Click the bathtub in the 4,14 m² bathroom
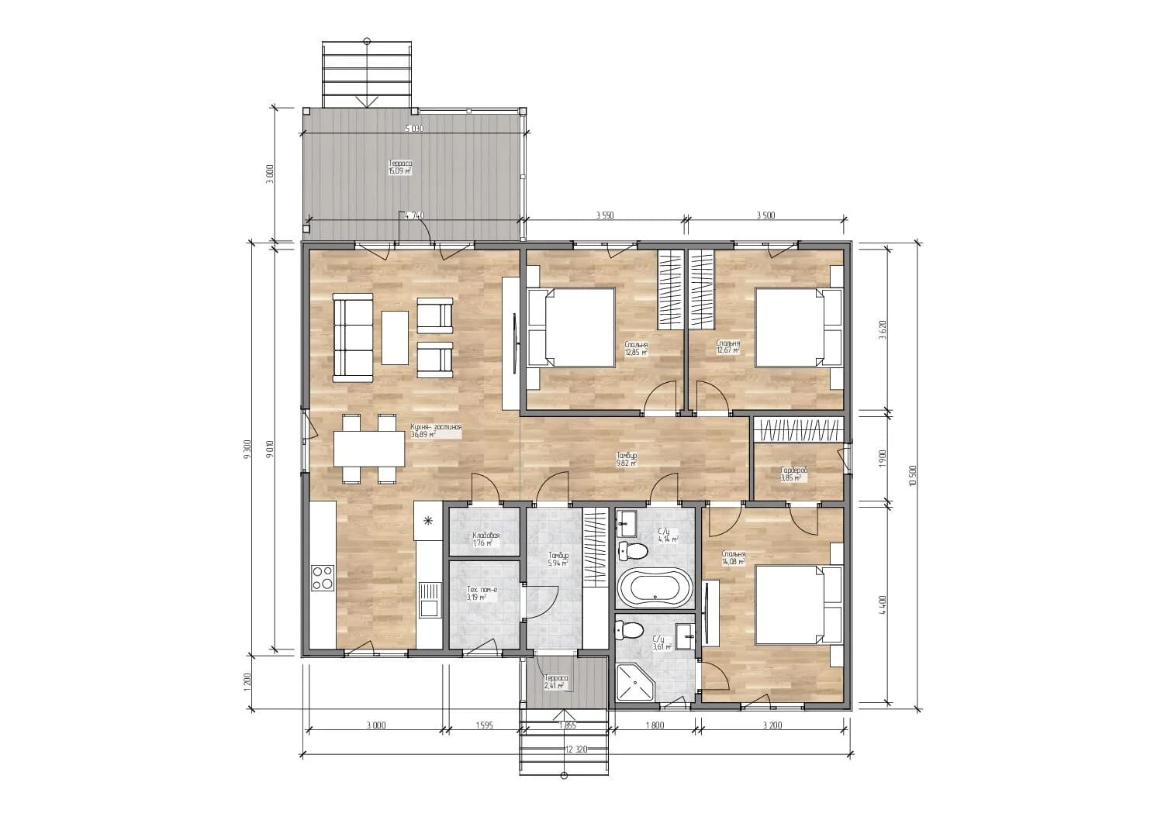[654, 588]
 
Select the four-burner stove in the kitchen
[323, 578]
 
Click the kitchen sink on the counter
[427, 599]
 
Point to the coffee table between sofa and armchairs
[395, 337]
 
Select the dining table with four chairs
[369, 449]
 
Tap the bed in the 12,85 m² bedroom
[572, 328]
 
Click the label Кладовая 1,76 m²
[485, 539]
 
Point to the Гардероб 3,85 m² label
[793, 474]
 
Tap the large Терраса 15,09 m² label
[400, 167]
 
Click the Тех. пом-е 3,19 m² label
[482, 594]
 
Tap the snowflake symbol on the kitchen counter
[427, 521]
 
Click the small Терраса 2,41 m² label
[556, 682]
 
